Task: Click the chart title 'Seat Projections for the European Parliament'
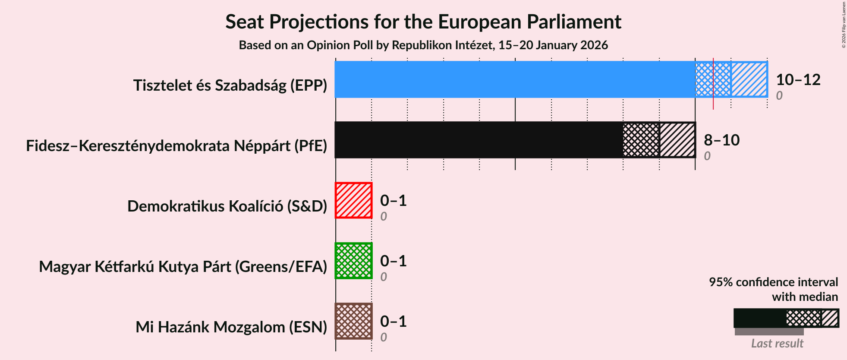coord(423,22)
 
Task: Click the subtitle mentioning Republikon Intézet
coord(423,45)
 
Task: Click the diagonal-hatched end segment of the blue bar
coord(749,79)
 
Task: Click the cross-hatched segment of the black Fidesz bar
coord(641,140)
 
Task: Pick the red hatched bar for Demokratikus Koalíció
coord(353,200)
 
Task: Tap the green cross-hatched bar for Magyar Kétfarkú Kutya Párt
coord(353,261)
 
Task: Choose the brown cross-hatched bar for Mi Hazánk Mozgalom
coord(353,321)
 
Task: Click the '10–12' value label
coord(798,79)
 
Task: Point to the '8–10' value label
coord(721,140)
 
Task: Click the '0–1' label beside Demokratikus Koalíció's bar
coord(393,200)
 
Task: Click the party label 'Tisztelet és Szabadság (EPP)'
coord(230,85)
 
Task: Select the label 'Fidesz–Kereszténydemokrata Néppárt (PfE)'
coord(176,146)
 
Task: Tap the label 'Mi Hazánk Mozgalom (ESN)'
coord(231,327)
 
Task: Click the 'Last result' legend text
coord(777,344)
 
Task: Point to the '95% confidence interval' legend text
coord(773,282)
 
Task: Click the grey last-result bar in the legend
coord(769,332)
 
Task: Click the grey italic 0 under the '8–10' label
coord(707,156)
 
